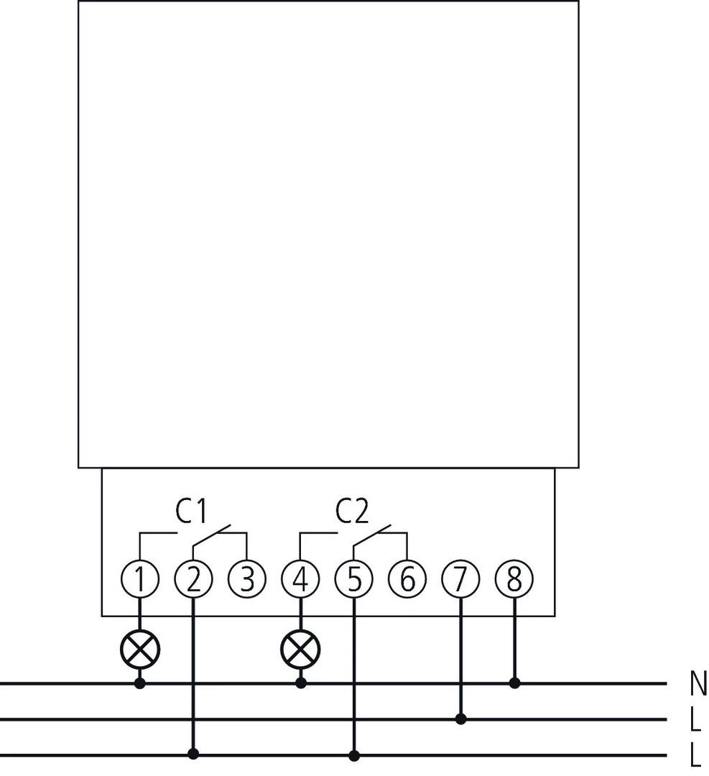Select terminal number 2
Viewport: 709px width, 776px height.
(x=193, y=579)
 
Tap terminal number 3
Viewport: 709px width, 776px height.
(x=247, y=579)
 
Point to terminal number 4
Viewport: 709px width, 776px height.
(x=300, y=579)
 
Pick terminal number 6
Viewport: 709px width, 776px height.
(x=407, y=579)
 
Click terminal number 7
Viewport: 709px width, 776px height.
(x=461, y=579)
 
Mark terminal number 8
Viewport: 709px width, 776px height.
(x=514, y=579)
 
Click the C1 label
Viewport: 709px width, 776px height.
(x=192, y=511)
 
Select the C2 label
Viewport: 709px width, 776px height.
(x=353, y=511)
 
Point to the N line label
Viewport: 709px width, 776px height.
(x=697, y=685)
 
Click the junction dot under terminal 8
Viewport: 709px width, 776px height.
(x=514, y=683)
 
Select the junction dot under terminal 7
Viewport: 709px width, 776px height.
(x=461, y=719)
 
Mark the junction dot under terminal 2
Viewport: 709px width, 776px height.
(x=193, y=754)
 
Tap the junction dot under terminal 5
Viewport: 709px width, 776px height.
(x=354, y=754)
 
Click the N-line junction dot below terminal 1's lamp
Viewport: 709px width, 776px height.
(x=139, y=683)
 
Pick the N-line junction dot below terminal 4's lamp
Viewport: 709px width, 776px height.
(x=300, y=683)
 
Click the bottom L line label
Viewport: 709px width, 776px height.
(x=695, y=755)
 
